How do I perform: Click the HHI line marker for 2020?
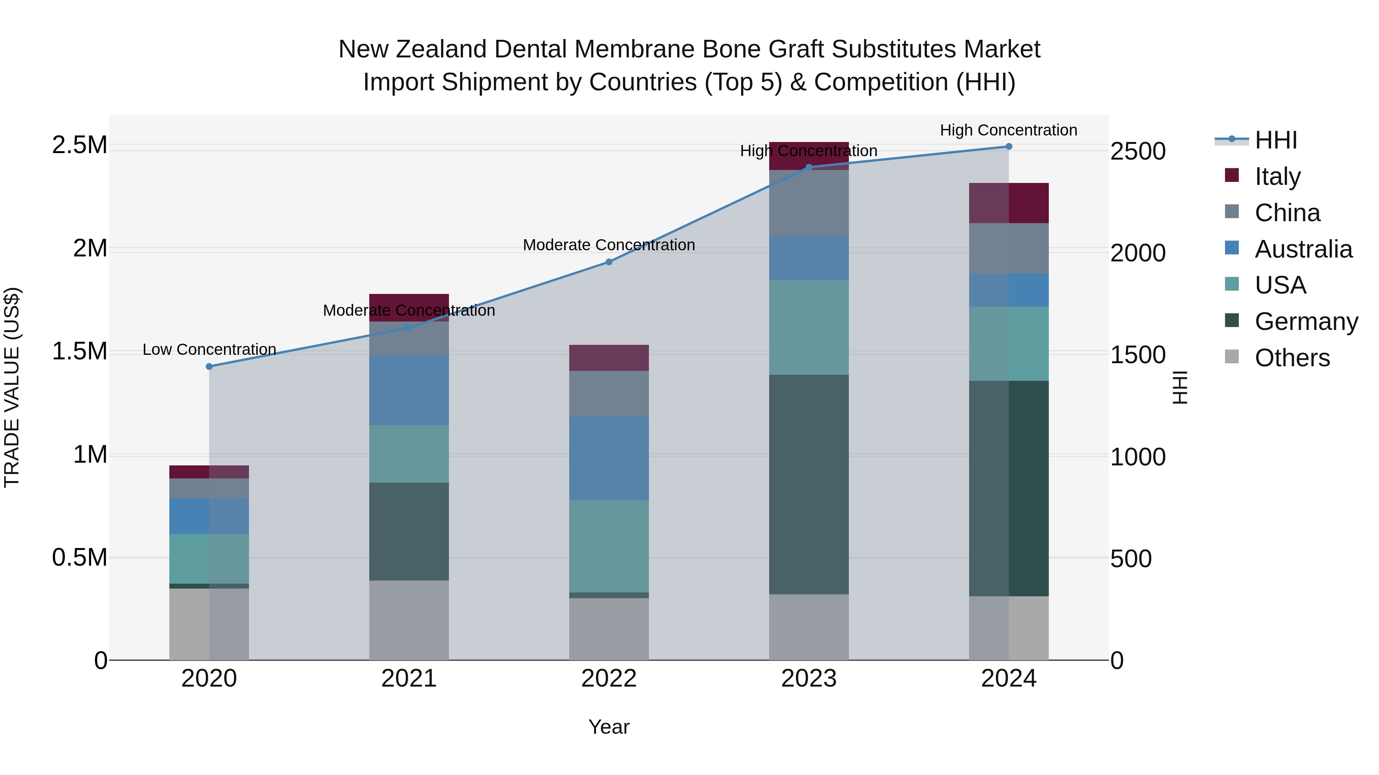pos(209,366)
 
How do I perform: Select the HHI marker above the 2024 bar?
pos(1009,147)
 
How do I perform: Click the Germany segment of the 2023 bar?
pos(808,484)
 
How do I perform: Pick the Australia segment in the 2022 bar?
pos(609,458)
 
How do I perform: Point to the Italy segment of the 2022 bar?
pos(609,358)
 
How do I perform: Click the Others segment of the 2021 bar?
pos(409,620)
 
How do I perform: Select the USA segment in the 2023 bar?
pos(808,327)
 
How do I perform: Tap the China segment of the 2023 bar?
pos(808,203)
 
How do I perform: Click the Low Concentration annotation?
pos(209,349)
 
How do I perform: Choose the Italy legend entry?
pos(1277,176)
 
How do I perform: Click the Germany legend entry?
pos(1306,321)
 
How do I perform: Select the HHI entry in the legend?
pos(1276,140)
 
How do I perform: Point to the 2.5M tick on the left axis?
pos(80,145)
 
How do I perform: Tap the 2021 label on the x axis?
pos(409,679)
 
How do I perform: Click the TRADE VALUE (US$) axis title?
pos(12,387)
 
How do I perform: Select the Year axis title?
pos(609,727)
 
